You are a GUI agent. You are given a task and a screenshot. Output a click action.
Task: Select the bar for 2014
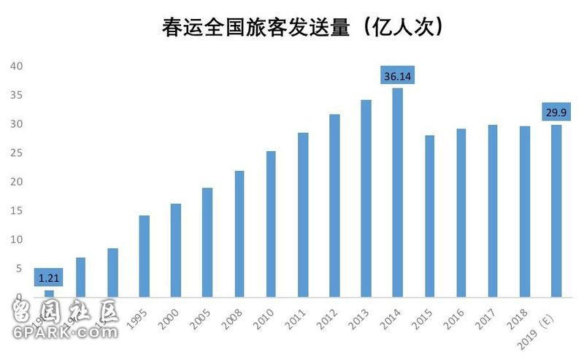point(398,193)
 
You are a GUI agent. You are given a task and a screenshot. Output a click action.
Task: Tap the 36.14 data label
point(399,75)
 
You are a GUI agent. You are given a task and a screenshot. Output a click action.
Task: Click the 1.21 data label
point(50,278)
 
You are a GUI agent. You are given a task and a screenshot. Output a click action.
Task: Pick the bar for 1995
point(145,256)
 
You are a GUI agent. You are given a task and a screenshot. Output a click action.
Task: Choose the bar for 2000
point(176,250)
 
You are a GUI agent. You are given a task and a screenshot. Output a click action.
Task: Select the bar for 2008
point(239,234)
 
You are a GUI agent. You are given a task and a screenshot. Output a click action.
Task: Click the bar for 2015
point(430,216)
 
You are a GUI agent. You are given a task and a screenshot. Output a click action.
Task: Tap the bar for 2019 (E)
point(556,211)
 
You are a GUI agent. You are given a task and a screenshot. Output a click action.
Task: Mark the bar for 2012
point(334,206)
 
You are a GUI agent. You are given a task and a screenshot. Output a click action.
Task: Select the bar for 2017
point(493,211)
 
